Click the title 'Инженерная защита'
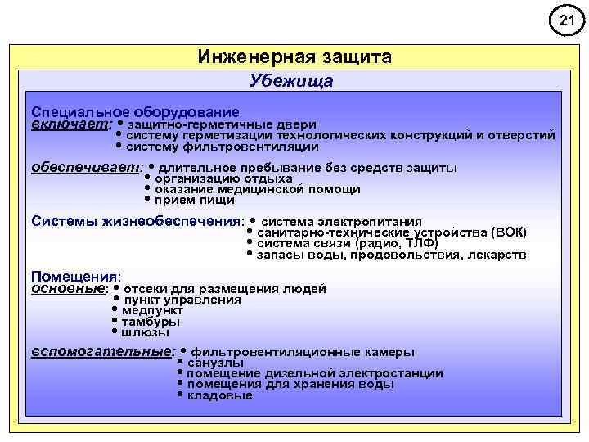coord(294,57)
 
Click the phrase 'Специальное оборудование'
coord(135,111)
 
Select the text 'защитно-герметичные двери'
coord(222,124)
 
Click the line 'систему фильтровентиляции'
coord(223,147)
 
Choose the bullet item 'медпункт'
coord(152,310)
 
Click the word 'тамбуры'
coord(151,322)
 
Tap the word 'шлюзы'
coord(146,332)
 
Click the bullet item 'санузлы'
coord(215,363)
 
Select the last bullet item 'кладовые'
coord(220,395)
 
